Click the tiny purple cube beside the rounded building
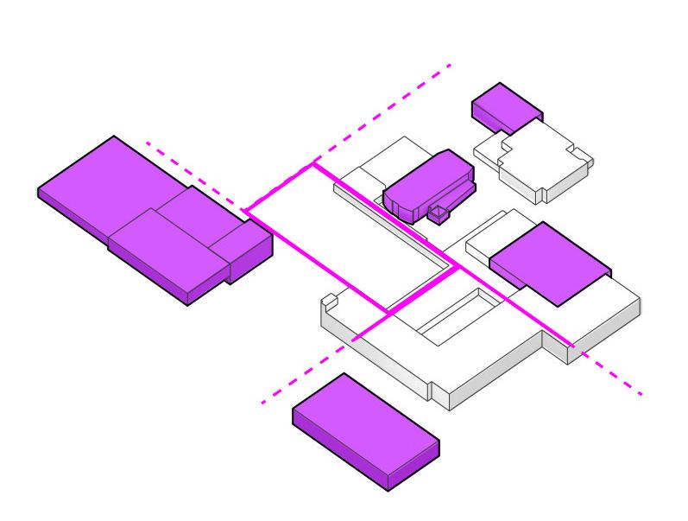click(x=441, y=213)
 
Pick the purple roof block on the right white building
click(x=549, y=261)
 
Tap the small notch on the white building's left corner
click(x=328, y=302)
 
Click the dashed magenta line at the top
click(x=388, y=109)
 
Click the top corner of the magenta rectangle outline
click(x=314, y=163)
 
